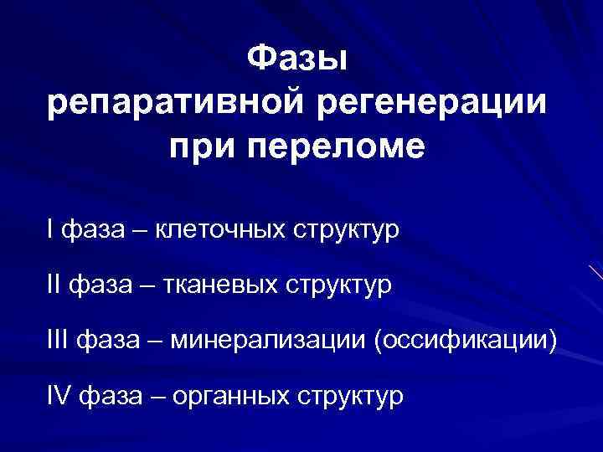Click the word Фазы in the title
click(298, 60)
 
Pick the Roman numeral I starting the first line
click(51, 229)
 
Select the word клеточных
click(219, 229)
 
